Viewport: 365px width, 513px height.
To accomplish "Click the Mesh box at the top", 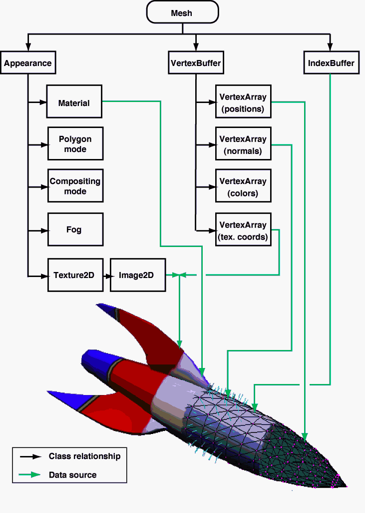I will [182, 12].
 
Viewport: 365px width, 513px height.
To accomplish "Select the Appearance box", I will [27, 63].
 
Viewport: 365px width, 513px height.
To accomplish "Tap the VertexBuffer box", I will [196, 63].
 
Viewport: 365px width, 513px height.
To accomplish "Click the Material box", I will [74, 103].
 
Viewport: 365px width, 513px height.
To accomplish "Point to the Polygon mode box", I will [75, 143].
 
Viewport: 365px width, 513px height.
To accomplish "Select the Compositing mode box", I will [75, 186].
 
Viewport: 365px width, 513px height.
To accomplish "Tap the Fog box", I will [75, 229].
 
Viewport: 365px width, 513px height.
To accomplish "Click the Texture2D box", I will [74, 275].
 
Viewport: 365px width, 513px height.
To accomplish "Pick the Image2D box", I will [137, 275].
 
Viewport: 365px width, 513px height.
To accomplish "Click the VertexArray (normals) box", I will [243, 144].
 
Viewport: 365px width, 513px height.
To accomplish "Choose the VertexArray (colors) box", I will [243, 186].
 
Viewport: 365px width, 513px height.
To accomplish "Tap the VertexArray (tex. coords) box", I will [243, 230].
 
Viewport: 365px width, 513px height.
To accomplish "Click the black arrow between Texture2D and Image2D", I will [106, 275].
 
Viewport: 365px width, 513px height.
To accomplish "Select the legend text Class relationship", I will [84, 456].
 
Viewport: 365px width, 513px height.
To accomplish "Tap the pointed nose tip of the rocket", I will [345, 485].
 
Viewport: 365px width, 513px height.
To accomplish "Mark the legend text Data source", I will [72, 474].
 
